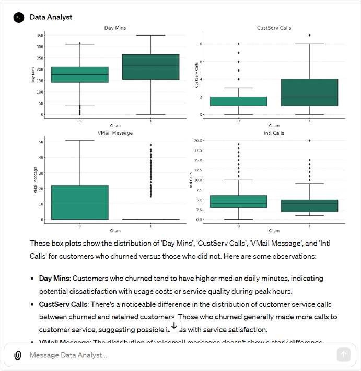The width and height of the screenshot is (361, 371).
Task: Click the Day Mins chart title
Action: pos(115,28)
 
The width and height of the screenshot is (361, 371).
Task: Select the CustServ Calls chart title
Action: pos(274,28)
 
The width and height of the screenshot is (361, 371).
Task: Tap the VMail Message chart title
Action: pos(115,133)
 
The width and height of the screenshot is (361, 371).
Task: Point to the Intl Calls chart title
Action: pos(274,133)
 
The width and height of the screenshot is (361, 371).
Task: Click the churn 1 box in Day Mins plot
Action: pos(151,67)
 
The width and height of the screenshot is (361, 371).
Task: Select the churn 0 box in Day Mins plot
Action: pos(80,74)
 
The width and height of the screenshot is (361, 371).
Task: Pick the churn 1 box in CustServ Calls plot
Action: pos(310,92)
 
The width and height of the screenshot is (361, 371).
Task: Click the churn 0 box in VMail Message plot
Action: pos(80,202)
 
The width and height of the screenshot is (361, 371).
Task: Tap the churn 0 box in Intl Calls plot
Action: pos(238,202)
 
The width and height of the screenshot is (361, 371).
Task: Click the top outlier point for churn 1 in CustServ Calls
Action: pos(310,36)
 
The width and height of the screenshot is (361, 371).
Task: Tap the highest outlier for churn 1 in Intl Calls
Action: pos(310,141)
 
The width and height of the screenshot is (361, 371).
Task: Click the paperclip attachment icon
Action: pos(17,355)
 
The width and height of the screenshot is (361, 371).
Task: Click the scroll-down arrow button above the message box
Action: pos(174,325)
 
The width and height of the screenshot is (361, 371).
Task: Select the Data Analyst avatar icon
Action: pos(19,17)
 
